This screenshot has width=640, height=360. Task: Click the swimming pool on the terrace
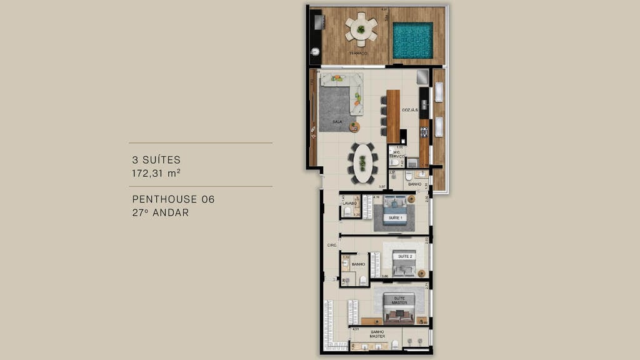tap(412, 40)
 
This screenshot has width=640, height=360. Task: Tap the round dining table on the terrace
tap(361, 29)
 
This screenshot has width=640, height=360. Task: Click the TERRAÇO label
tap(358, 54)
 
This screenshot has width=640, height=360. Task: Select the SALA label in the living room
tap(337, 122)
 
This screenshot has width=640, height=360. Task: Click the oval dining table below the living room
tap(362, 162)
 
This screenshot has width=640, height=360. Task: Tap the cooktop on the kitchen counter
tap(424, 132)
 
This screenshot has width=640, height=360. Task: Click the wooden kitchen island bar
tap(392, 116)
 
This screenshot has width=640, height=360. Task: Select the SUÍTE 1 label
tap(395, 217)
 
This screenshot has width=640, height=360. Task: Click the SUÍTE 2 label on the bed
tap(404, 256)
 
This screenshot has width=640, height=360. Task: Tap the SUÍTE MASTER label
tap(399, 300)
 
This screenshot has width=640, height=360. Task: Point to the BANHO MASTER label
tap(377, 334)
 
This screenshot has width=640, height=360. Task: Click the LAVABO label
tap(349, 203)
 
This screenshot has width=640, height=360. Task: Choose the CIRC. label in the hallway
tap(332, 245)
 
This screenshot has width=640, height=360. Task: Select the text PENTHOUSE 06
tap(173, 199)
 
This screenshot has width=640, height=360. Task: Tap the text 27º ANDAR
tap(160, 212)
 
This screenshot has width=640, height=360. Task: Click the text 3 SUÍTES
tap(156, 160)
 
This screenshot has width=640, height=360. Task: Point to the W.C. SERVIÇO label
tap(397, 153)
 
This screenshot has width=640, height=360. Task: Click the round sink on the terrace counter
tap(315, 52)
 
